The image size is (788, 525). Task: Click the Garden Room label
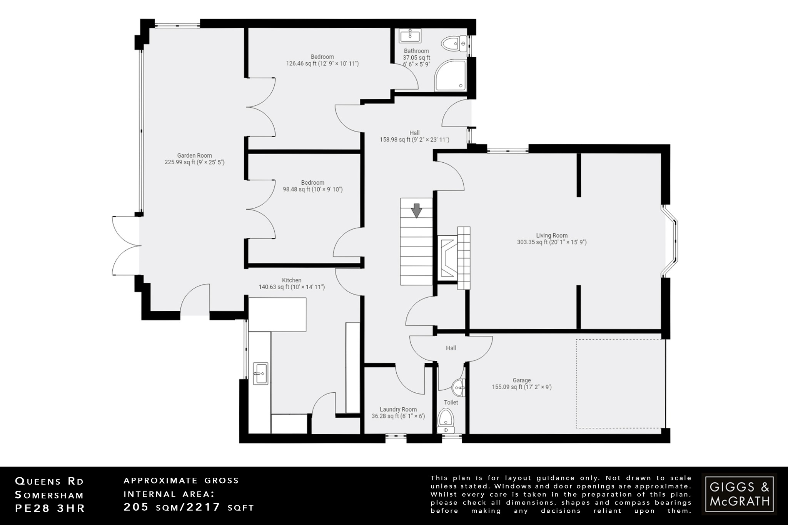point(194,155)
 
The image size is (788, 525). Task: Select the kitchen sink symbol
point(260,373)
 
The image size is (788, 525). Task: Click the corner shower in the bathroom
point(450,76)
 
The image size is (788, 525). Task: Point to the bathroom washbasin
point(410,35)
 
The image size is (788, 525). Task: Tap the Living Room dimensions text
point(552,242)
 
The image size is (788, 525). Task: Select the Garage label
point(521,380)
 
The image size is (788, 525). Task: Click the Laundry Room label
point(398,410)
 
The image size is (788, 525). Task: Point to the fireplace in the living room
point(447,258)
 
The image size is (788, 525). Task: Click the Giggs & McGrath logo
point(739,494)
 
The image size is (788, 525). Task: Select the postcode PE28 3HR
point(50,508)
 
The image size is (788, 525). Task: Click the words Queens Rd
point(49,481)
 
